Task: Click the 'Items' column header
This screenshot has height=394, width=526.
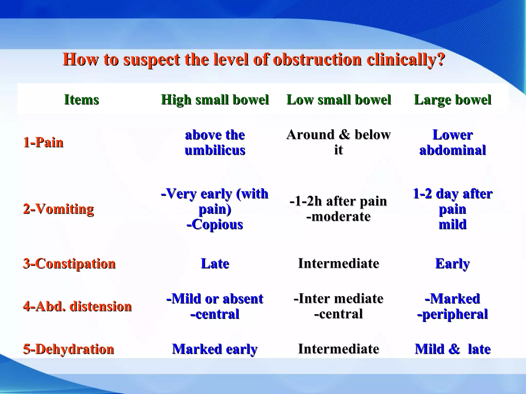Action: (x=81, y=100)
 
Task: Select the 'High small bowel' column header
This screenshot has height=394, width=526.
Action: (x=215, y=100)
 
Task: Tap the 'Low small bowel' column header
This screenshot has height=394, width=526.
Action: (x=339, y=100)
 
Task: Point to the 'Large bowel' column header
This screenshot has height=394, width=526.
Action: (x=453, y=100)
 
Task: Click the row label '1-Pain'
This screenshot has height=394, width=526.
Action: (x=43, y=142)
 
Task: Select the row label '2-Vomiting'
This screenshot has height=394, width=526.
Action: (x=58, y=209)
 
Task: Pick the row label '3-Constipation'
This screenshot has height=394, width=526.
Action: (x=69, y=263)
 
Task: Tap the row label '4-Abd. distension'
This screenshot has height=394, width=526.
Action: (x=77, y=306)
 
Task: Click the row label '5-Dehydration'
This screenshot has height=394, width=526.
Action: (x=68, y=349)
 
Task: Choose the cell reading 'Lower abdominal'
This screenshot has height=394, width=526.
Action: (x=453, y=142)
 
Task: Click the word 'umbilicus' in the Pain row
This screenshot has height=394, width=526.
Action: (x=215, y=150)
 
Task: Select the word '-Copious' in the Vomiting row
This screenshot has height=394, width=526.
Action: (x=215, y=224)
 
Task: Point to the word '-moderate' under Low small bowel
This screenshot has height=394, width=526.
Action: (x=339, y=216)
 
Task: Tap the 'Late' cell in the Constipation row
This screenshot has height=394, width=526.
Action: (x=215, y=263)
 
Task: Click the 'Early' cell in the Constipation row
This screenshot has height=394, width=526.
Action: (x=453, y=263)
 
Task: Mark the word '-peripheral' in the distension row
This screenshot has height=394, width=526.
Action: (x=453, y=314)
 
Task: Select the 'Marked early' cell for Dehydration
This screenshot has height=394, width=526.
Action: (x=215, y=349)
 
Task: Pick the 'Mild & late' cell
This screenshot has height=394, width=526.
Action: (x=453, y=349)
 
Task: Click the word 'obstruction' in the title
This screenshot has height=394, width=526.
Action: (x=317, y=60)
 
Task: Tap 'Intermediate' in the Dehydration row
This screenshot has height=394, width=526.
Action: (x=339, y=349)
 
